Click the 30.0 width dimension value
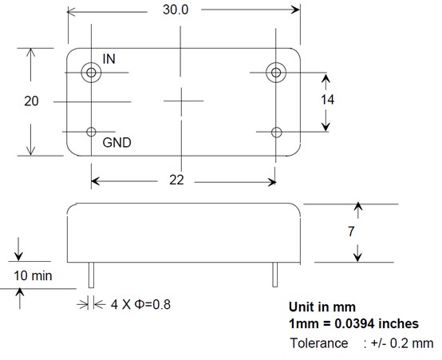176,10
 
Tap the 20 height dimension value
31,101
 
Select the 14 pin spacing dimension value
327,100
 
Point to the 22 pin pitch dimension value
176,180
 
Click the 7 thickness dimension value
351,231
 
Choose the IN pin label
109,59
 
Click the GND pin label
117,142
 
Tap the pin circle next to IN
91,73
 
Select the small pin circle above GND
91,132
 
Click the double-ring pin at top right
276,73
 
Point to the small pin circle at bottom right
276,133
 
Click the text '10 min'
33,275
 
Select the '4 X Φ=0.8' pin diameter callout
140,304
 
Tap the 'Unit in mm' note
322,307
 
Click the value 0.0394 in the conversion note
354,323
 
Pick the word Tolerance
319,343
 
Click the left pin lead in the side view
91,275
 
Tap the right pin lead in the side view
275,275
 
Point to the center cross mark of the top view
182,101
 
